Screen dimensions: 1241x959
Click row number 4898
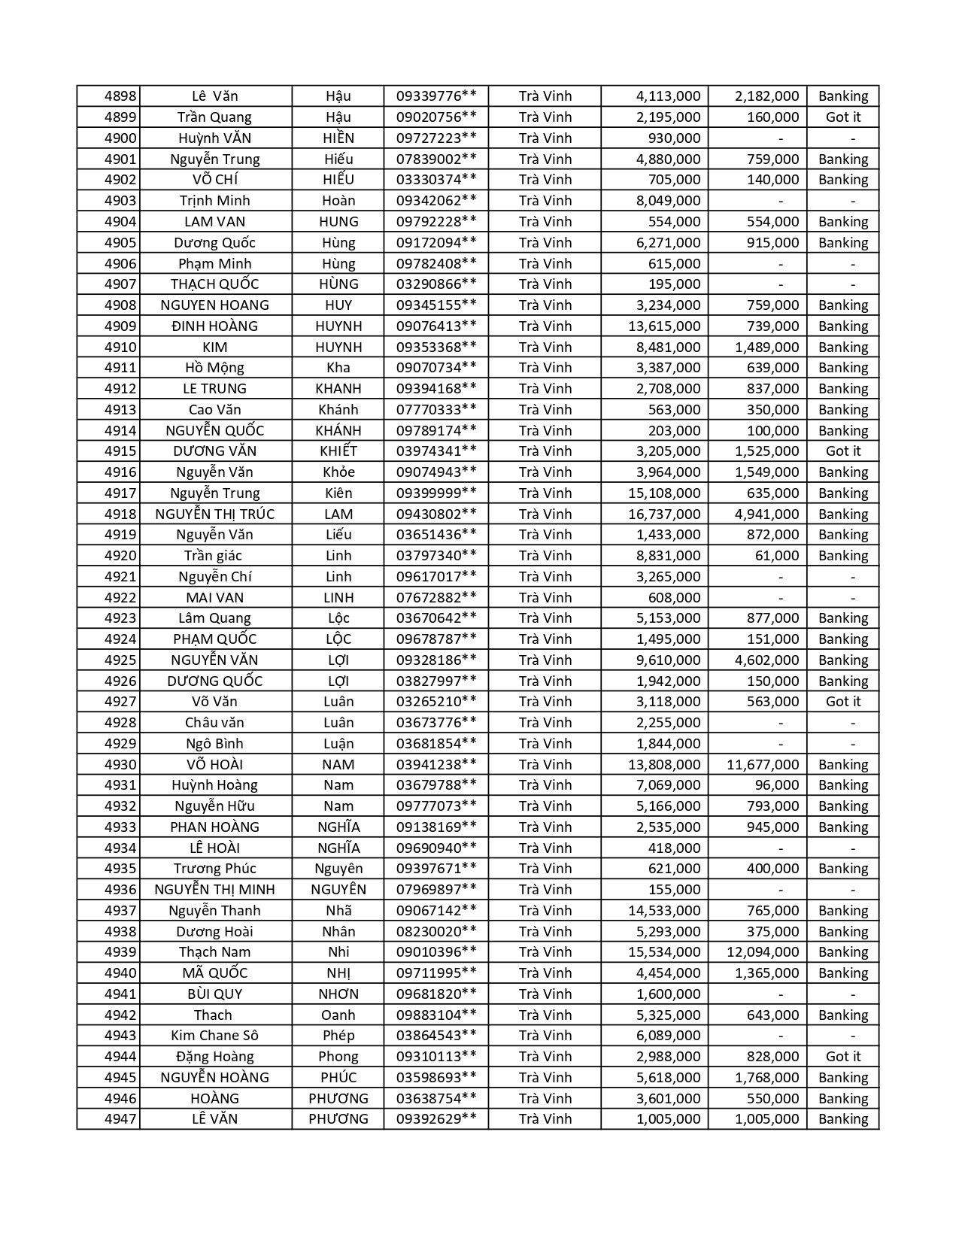click(x=120, y=96)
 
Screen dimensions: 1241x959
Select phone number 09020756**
click(x=436, y=117)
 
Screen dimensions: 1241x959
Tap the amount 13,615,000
click(x=664, y=326)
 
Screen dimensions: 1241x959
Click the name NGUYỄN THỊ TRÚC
click(x=215, y=514)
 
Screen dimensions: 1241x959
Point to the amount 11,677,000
click(x=763, y=765)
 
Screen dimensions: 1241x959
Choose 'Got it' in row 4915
click(x=842, y=451)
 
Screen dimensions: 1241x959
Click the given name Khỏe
click(x=338, y=472)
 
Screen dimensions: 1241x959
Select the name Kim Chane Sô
click(x=215, y=1036)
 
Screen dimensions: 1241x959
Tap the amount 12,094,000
click(x=763, y=952)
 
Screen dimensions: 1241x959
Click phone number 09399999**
click(x=436, y=493)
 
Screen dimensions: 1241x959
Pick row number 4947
click(x=120, y=1119)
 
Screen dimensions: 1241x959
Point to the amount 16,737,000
click(x=664, y=514)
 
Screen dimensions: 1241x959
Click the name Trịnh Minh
click(x=215, y=201)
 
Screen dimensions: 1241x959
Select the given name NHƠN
click(x=338, y=994)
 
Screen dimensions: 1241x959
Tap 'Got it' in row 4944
click(x=842, y=1057)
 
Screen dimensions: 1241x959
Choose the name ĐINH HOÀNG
click(x=215, y=326)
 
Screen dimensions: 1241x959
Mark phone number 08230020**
click(x=436, y=932)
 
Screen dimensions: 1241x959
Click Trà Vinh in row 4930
click(x=545, y=765)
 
